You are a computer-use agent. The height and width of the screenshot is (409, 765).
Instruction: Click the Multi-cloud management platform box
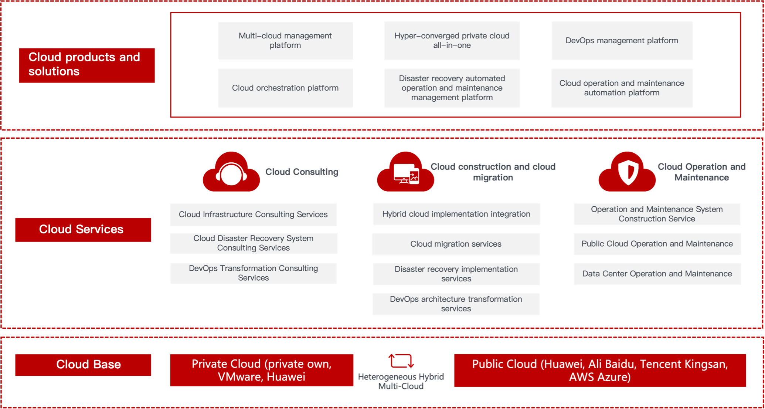[x=285, y=41]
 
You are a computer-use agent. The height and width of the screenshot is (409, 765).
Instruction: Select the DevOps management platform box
[x=622, y=41]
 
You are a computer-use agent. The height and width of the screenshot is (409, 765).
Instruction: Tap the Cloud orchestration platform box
[x=285, y=88]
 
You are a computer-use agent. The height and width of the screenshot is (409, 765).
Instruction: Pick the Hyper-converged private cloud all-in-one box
[x=452, y=41]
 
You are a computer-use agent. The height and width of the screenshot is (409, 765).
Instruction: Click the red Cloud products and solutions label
[x=87, y=65]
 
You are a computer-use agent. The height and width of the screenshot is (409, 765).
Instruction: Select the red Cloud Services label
[x=83, y=230]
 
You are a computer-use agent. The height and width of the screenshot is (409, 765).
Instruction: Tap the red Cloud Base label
[x=83, y=365]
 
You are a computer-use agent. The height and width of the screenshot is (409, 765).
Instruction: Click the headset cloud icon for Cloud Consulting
[x=231, y=172]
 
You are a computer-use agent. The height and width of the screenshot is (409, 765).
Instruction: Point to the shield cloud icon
[x=627, y=172]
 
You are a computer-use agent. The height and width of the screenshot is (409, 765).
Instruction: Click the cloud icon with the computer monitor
[x=405, y=172]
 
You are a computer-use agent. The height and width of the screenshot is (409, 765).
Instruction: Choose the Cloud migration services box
[x=456, y=244]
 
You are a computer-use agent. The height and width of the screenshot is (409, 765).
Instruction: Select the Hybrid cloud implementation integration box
[x=456, y=214]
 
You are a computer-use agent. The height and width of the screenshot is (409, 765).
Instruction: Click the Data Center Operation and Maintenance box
[x=657, y=274]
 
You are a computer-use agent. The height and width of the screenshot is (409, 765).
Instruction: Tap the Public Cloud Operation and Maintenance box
[x=657, y=244]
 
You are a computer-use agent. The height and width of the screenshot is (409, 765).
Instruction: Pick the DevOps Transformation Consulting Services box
[x=254, y=273]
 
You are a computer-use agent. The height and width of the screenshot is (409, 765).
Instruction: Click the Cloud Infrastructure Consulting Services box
[x=253, y=214]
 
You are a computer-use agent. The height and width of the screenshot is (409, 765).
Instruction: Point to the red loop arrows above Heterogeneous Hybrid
[x=401, y=361]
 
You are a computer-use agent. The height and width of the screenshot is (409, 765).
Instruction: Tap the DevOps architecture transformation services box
[x=456, y=304]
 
